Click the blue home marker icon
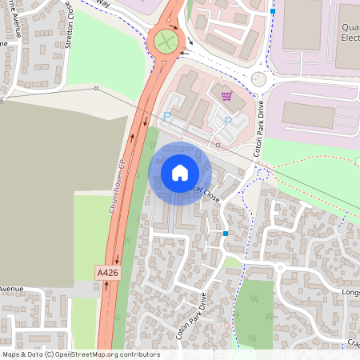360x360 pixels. click(x=180, y=173)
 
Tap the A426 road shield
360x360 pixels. click(x=107, y=273)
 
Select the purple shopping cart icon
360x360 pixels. click(x=226, y=96)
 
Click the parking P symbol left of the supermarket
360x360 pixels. click(x=167, y=117)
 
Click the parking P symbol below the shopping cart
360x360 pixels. click(x=227, y=121)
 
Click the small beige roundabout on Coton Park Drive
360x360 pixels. click(x=258, y=78)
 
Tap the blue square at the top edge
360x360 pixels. click(x=273, y=12)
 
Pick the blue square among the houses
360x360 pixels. click(x=226, y=233)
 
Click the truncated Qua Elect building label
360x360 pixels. click(x=350, y=31)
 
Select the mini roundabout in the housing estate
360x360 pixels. click(x=280, y=267)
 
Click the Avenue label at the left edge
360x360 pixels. click(x=11, y=289)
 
